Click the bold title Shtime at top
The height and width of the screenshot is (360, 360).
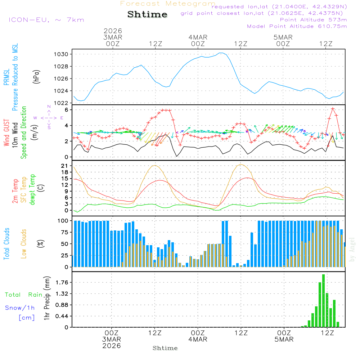click(x=148, y=15)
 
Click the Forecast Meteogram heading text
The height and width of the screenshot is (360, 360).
click(x=168, y=4)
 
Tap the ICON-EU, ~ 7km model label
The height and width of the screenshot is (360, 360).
click(x=46, y=20)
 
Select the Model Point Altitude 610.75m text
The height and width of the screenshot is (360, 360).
click(x=297, y=26)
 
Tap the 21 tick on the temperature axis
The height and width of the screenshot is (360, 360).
click(x=65, y=166)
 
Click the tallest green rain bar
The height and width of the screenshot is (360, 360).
click(x=323, y=301)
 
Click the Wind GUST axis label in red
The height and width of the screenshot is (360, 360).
click(x=6, y=133)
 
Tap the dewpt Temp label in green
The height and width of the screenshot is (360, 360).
click(x=32, y=190)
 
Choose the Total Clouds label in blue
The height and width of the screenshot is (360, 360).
click(x=6, y=244)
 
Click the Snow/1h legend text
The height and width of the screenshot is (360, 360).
click(x=20, y=308)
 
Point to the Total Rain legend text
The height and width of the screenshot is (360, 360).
click(x=24, y=294)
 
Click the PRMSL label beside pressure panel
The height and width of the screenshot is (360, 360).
click(x=6, y=76)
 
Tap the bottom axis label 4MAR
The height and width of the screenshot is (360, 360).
click(x=198, y=339)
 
